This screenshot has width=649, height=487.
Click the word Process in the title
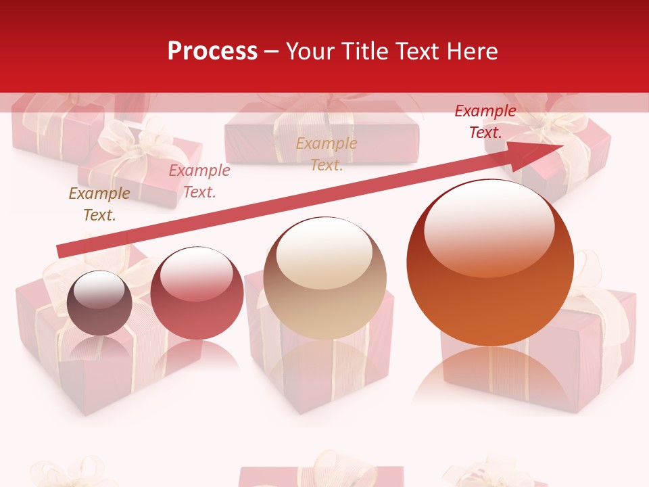[x=212, y=51]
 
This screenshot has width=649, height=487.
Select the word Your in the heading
[x=312, y=51]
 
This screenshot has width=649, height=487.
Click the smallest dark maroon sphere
[x=100, y=303]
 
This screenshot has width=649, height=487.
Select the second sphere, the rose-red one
[x=197, y=294]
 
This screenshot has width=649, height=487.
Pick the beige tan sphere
[x=324, y=278]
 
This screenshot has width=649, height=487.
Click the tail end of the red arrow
[x=61, y=252]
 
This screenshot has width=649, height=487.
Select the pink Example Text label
[x=199, y=181]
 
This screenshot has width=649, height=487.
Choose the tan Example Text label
[x=327, y=154]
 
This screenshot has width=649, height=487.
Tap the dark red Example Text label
[x=485, y=122]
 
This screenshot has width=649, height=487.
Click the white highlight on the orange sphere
[x=489, y=227]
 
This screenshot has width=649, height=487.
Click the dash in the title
[x=272, y=51]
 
